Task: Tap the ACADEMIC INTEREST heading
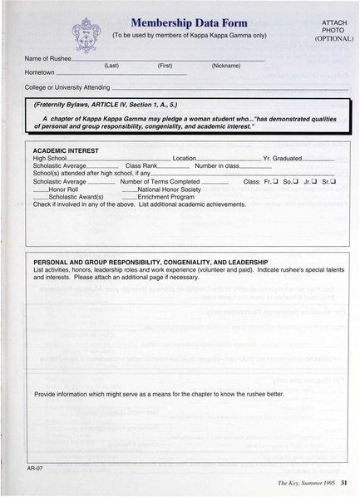(66, 150)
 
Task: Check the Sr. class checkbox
(333, 181)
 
